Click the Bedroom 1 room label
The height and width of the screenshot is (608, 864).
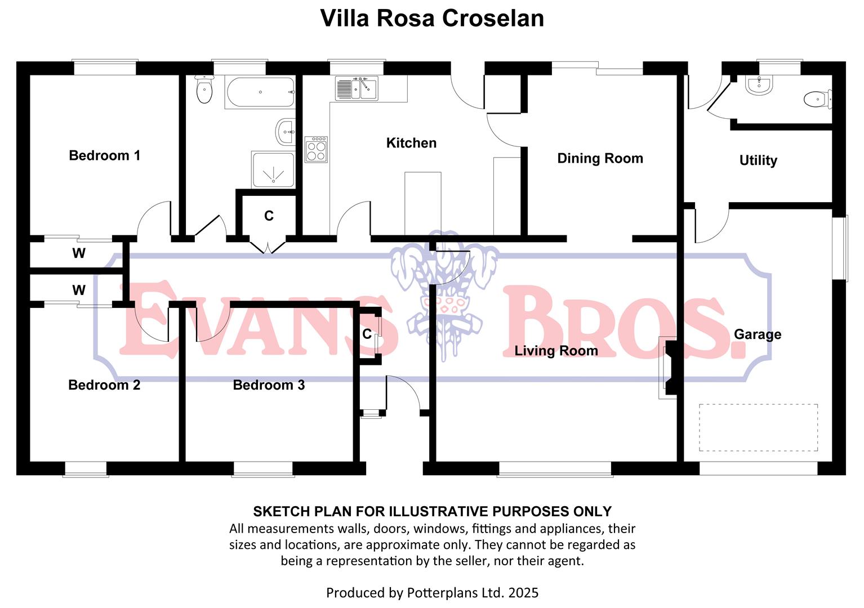tap(104, 155)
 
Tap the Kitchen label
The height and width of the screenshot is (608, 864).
tap(411, 143)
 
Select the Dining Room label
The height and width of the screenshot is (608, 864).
tap(600, 158)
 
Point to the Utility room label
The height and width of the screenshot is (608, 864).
tap(758, 160)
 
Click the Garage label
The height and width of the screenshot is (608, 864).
tap(758, 334)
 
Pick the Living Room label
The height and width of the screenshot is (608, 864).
tap(556, 351)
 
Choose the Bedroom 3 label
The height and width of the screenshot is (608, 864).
tap(269, 385)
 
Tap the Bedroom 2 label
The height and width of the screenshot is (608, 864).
tap(104, 385)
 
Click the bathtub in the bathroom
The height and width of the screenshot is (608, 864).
tap(260, 92)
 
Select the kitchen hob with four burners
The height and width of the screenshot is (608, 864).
tap(316, 150)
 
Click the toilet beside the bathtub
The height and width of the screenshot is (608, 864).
tap(204, 91)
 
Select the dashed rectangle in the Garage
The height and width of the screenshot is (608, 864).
tap(758, 427)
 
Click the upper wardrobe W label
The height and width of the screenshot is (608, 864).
tap(79, 253)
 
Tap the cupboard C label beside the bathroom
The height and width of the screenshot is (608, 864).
tap(269, 216)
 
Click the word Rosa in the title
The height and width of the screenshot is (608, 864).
tap(406, 18)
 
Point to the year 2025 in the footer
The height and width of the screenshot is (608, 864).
tap(523, 593)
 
